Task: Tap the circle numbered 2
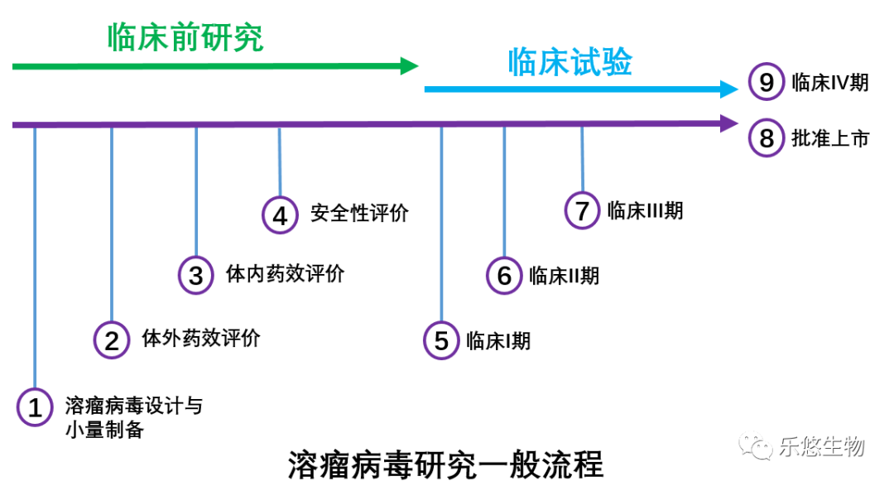(112, 339)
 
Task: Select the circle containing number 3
(196, 275)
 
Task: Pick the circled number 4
(280, 215)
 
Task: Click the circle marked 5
(441, 340)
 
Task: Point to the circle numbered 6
(504, 275)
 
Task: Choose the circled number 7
(582, 210)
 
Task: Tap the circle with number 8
(767, 138)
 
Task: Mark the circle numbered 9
(767, 82)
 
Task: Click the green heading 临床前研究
(185, 38)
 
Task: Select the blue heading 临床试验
(570, 62)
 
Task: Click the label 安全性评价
(360, 214)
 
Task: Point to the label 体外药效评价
(201, 338)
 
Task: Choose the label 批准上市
(830, 138)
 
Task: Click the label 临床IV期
(830, 82)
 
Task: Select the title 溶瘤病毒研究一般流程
(446, 464)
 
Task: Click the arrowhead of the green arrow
(411, 65)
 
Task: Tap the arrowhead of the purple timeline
(729, 123)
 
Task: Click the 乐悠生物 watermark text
(821, 447)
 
